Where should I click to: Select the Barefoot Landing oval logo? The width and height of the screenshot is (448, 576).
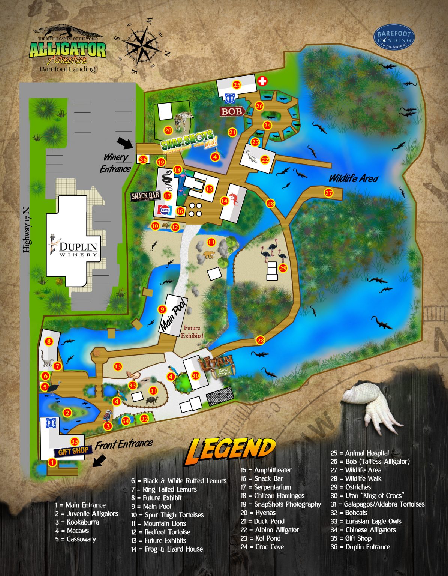point(394,37)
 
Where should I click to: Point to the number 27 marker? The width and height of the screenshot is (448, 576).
point(329,193)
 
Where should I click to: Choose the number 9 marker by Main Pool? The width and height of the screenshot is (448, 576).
point(162,309)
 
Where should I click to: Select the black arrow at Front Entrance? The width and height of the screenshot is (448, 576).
point(100,461)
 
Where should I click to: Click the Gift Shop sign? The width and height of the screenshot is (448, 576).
point(73,450)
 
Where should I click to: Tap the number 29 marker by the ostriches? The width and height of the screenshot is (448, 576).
point(283,268)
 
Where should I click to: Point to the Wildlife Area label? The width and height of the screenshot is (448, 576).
point(353,178)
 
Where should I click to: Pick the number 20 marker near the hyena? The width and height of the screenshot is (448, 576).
point(168,130)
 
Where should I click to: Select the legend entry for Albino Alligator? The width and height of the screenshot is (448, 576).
point(270,530)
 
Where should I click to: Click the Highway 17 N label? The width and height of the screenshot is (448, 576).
point(26,229)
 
